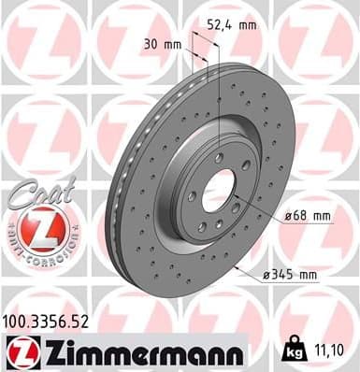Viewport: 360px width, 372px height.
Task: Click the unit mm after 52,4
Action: (247, 26)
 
